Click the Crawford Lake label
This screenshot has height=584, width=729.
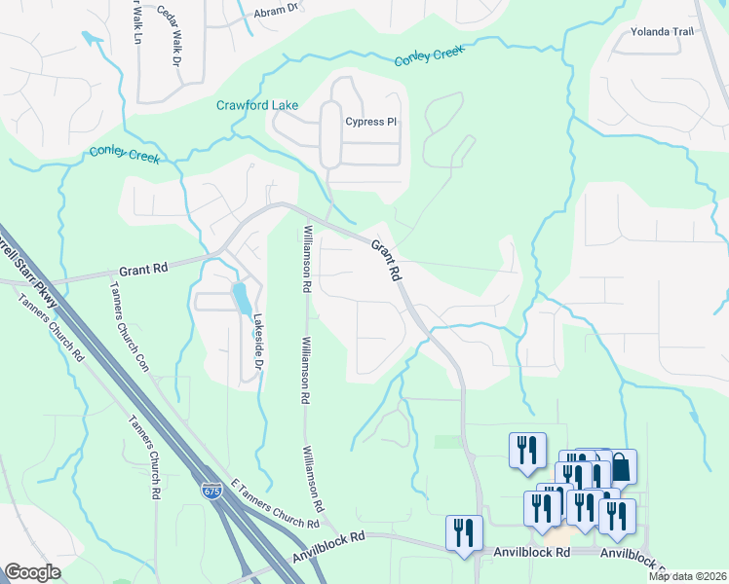[257, 105]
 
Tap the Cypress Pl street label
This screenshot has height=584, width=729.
[371, 122]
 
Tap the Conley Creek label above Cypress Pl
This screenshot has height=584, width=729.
[429, 56]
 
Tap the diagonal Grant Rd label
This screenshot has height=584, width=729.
[386, 261]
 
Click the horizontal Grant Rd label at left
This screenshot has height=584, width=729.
[144, 270]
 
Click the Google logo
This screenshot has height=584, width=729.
[32, 572]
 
